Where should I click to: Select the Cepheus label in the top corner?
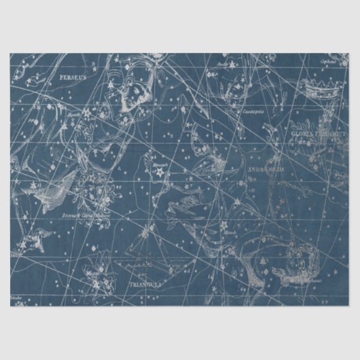329,60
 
